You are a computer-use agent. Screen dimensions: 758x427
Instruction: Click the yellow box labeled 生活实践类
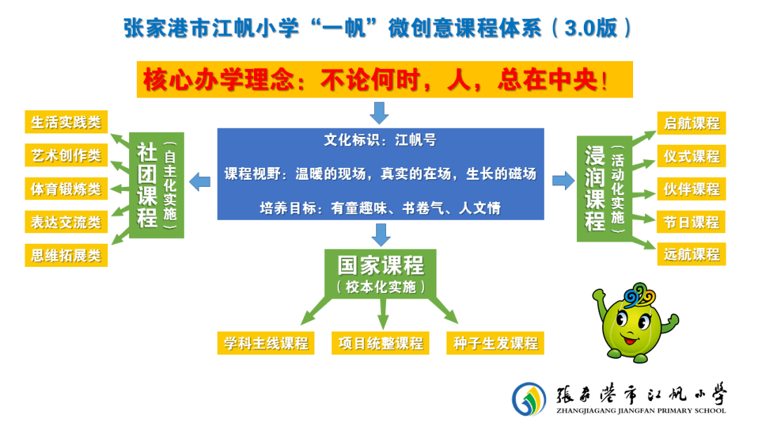pyautogui.click(x=66, y=122)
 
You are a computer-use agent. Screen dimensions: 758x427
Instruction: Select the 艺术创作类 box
pyautogui.click(x=66, y=155)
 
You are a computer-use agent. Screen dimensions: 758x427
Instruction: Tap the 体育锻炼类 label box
pyautogui.click(x=66, y=189)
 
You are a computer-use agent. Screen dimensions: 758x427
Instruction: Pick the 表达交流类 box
pyautogui.click(x=66, y=222)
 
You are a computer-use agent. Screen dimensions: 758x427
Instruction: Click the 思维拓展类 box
pyautogui.click(x=66, y=256)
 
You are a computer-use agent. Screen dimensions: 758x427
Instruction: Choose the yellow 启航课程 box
pyautogui.click(x=691, y=124)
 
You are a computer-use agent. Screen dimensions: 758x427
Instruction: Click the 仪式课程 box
pyautogui.click(x=691, y=156)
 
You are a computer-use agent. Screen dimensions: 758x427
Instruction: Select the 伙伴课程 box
pyautogui.click(x=691, y=189)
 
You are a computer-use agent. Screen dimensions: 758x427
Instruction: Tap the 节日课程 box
pyautogui.click(x=691, y=222)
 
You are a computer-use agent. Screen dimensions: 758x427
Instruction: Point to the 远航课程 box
pyautogui.click(x=691, y=254)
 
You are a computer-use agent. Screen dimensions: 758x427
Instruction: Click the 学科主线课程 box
pyautogui.click(x=266, y=343)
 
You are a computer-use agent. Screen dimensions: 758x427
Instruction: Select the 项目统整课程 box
pyautogui.click(x=380, y=343)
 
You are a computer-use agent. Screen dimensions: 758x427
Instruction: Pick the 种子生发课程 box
pyautogui.click(x=496, y=343)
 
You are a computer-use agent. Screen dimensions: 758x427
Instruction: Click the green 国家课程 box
pyautogui.click(x=380, y=274)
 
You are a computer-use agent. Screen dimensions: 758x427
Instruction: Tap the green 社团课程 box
pyautogui.click(x=157, y=185)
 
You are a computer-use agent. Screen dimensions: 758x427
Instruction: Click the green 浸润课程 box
pyautogui.click(x=604, y=189)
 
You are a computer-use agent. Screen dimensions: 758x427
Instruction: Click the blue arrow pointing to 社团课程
pyautogui.click(x=200, y=182)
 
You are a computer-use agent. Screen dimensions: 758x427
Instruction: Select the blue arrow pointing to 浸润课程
pyautogui.click(x=563, y=181)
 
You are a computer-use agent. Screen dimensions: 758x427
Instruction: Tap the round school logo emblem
pyautogui.click(x=529, y=399)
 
